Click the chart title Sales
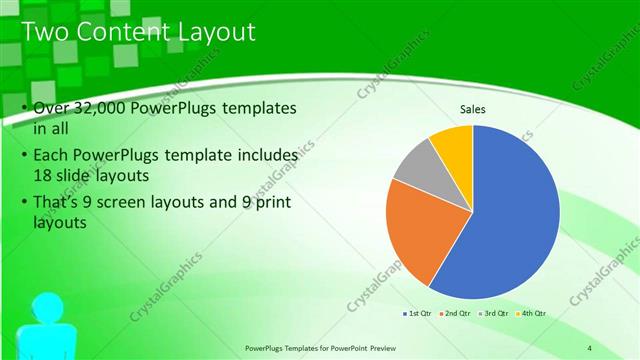point(473,109)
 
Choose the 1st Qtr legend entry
point(419,314)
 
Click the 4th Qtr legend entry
point(534,314)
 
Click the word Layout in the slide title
point(217,32)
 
